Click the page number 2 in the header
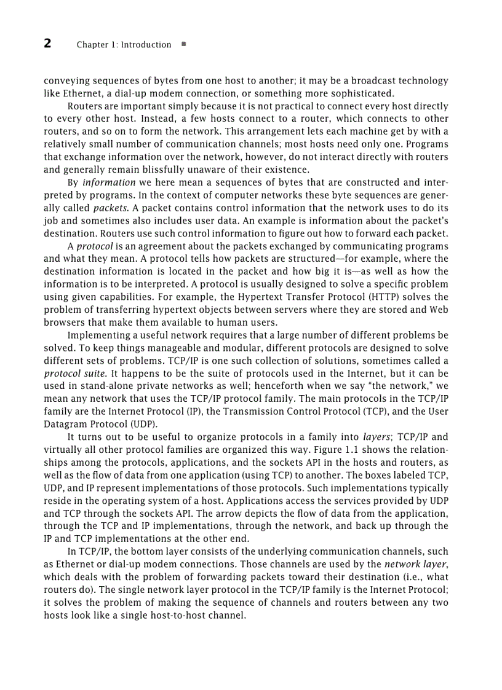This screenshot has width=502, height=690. tap(47, 44)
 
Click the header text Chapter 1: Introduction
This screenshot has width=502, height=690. tap(124, 45)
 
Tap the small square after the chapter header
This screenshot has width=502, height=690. tap(184, 44)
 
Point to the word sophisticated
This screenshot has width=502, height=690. tap(362, 93)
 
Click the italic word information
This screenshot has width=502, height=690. tap(108, 182)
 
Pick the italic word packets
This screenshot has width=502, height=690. tap(110, 208)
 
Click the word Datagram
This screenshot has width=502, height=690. tap(65, 424)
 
